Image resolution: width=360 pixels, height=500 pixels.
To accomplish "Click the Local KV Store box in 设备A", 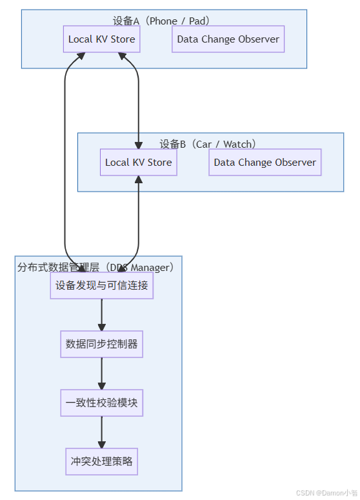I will (102, 39).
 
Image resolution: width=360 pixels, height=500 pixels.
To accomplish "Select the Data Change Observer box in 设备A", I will (228, 39).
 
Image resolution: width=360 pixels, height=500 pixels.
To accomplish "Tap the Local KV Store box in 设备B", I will (139, 163).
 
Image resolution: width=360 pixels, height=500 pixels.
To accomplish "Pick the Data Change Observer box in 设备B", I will (265, 163).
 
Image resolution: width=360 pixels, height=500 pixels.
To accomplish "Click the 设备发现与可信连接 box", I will (102, 285).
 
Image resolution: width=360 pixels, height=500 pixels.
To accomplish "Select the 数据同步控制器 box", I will (102, 344).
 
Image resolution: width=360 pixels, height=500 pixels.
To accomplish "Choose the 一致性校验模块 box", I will (102, 403).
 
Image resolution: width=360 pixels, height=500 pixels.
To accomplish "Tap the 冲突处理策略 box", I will (102, 462).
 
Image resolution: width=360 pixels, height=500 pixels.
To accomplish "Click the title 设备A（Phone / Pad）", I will (164, 21).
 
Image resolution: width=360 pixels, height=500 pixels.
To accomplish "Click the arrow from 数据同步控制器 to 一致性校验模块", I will (102, 374).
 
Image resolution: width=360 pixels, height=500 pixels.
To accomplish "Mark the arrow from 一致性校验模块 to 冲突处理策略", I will (102, 432).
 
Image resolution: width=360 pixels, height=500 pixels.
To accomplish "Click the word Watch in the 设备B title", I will (237, 144).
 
